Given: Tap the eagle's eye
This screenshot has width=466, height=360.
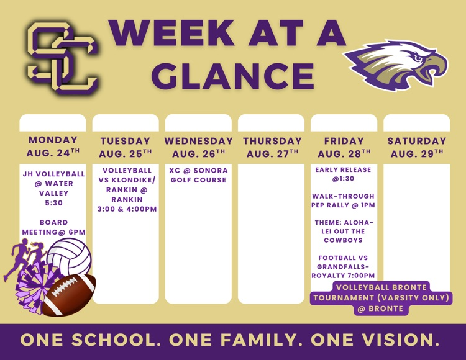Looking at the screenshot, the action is pos(418,57).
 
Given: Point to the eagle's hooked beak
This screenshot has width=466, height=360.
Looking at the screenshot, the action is pos(437,67).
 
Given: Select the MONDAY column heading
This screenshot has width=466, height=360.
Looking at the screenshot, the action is pos(53,140).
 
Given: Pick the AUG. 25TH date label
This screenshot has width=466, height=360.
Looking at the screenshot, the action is pos(126,153).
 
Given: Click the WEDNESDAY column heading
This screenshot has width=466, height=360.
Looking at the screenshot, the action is pos(199,141).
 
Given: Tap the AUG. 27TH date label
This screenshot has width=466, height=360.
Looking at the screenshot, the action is pos(272,153).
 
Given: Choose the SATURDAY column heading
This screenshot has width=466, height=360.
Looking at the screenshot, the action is pos(417,141).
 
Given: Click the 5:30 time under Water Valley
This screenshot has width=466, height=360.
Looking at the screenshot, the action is pos(54,203).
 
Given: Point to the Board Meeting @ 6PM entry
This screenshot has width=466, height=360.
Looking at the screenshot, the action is pos(54,227).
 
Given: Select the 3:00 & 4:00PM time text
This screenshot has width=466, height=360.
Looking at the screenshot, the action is pos(127,209).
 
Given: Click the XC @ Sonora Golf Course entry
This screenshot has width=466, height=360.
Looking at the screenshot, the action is pos(199,175).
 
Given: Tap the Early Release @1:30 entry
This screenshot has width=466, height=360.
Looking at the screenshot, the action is pos(343,174).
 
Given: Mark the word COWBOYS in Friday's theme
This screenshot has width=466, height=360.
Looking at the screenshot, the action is pos(343,240).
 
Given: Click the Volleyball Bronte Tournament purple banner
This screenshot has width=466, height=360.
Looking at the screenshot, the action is pos(381,298).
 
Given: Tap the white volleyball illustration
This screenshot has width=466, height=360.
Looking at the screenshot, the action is pos(70,258).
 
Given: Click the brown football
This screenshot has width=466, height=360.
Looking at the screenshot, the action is pos(69,295).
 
